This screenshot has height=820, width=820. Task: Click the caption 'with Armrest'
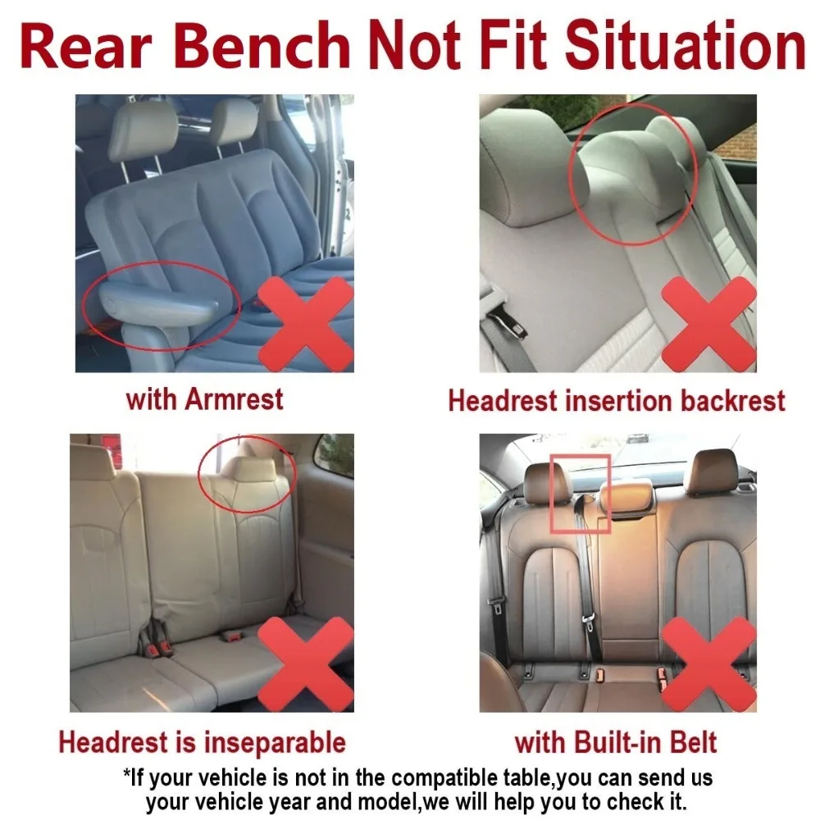204,399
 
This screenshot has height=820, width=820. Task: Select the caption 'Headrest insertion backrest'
616,400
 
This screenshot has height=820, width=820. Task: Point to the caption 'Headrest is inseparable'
202,743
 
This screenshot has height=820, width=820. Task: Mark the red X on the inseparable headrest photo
306,663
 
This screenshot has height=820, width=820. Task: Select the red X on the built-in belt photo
708,663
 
